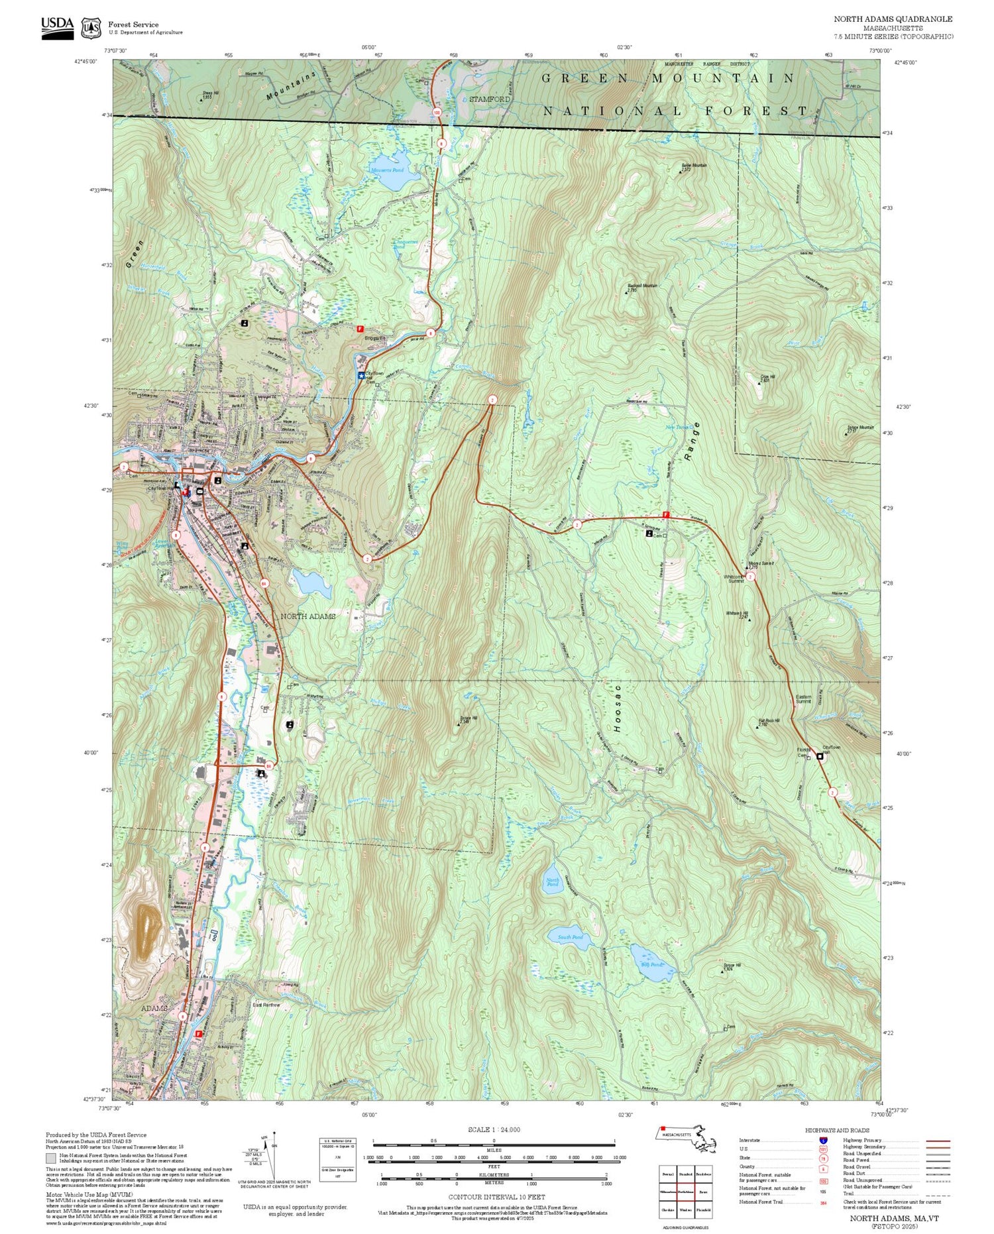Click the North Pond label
click(x=552, y=882)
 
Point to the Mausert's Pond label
click(x=387, y=170)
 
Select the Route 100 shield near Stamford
click(x=437, y=113)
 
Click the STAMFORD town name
click(x=490, y=99)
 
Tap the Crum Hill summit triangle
click(x=759, y=383)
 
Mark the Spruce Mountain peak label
click(x=860, y=428)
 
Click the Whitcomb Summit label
click(x=736, y=579)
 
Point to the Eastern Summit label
click(x=803, y=699)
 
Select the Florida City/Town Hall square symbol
click(x=820, y=756)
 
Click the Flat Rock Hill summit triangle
click(x=757, y=727)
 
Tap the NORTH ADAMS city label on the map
click(x=307, y=616)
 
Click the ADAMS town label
click(x=154, y=1008)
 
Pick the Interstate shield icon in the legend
click(x=823, y=1140)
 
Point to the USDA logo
click(x=58, y=27)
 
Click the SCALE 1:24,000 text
click(x=494, y=1129)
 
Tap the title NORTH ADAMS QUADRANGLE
click(x=893, y=19)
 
